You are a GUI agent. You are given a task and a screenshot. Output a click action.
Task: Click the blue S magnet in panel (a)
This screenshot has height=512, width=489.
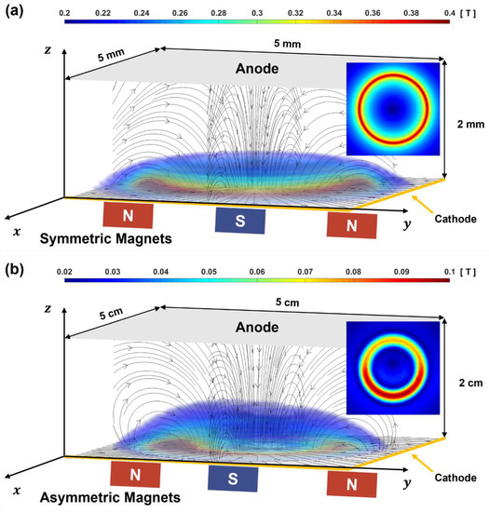(x=240, y=220)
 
